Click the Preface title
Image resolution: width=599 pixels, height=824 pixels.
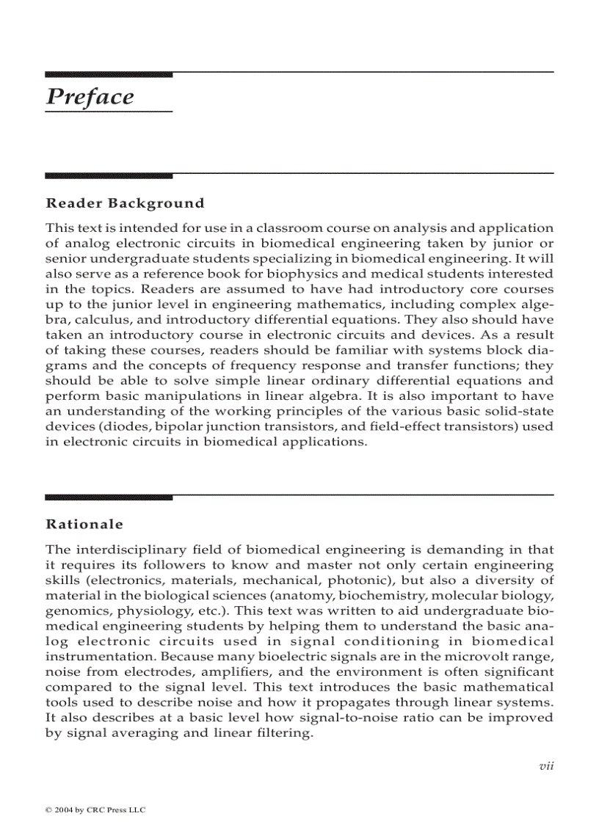[x=90, y=97]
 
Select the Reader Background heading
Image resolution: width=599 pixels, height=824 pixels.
[x=125, y=203]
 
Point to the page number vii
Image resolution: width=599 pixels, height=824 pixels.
[x=545, y=766]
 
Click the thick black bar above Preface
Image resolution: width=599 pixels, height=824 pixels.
[x=109, y=74]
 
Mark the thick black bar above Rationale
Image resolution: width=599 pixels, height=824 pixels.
[x=109, y=497]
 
